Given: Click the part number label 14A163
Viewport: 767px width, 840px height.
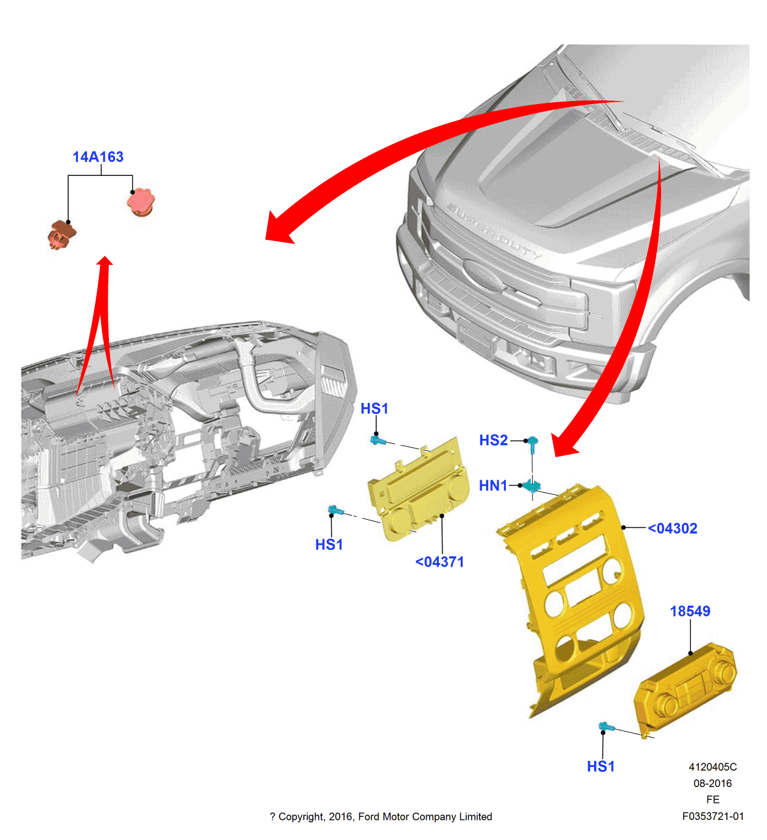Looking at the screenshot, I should tap(98, 157).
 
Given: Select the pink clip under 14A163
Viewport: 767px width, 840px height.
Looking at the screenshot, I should tap(141, 202).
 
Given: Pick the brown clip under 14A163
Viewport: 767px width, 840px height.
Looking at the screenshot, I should tap(61, 234).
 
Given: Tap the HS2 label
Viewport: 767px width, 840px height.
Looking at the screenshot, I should tap(493, 440).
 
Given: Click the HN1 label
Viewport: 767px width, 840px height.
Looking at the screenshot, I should tap(492, 486).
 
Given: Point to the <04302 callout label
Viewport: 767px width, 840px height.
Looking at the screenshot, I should tap(672, 528).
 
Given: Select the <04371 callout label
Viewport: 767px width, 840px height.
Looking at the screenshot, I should tap(440, 562).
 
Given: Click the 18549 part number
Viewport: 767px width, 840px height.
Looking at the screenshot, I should tap(690, 611).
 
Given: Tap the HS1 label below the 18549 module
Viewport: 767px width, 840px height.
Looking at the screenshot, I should tap(600, 766).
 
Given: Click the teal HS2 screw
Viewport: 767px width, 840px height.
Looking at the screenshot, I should tap(532, 444).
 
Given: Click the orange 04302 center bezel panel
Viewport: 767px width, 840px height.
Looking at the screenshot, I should tap(572, 597).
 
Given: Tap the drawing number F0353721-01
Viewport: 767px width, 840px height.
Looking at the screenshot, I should tap(712, 816).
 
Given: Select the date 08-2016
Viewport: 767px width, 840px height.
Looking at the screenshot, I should tap(712, 783).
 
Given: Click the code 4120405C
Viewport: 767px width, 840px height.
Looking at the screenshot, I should tap(712, 767).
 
